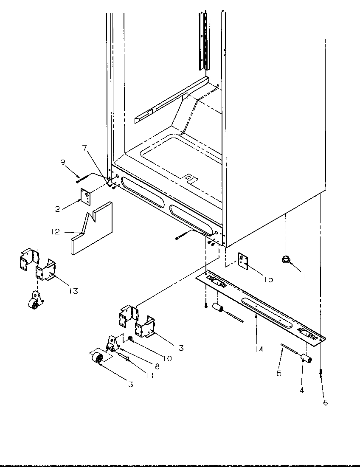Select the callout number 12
pyautogui.click(x=55, y=232)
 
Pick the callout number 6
pyautogui.click(x=325, y=402)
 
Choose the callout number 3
pyautogui.click(x=131, y=385)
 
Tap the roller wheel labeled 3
pyautogui.click(x=98, y=359)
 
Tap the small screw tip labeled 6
pyautogui.click(x=321, y=372)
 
